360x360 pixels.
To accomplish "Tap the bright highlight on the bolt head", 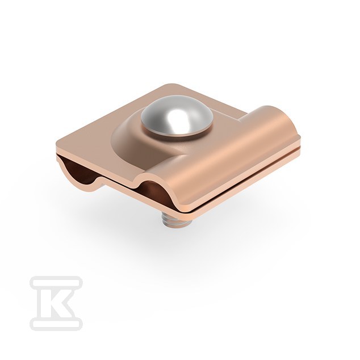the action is point(175,118).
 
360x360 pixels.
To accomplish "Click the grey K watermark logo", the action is point(56,303).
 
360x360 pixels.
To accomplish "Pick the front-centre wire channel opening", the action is point(153,192).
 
